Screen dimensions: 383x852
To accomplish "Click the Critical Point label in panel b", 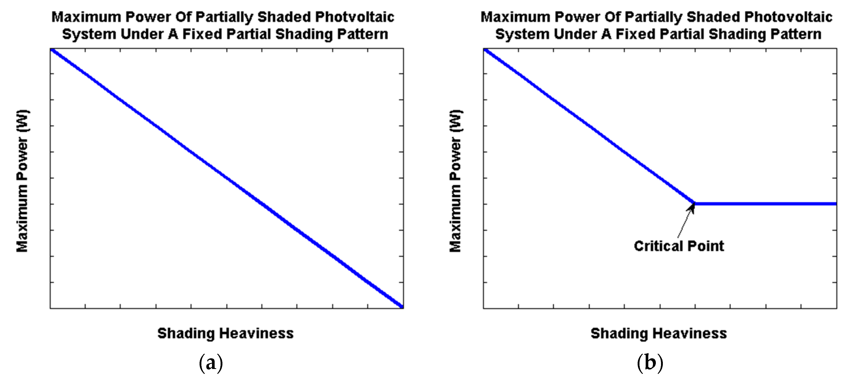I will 679,246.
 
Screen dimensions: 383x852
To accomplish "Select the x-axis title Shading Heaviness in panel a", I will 225,333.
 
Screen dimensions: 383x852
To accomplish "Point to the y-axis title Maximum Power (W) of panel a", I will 23,181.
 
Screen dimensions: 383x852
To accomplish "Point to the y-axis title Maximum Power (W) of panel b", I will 455,181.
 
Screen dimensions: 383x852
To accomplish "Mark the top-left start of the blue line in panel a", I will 52,50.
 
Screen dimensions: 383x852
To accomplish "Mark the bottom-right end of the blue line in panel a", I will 402,307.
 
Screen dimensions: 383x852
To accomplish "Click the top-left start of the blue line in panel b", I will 485,50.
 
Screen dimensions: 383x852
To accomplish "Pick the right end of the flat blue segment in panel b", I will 835,204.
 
